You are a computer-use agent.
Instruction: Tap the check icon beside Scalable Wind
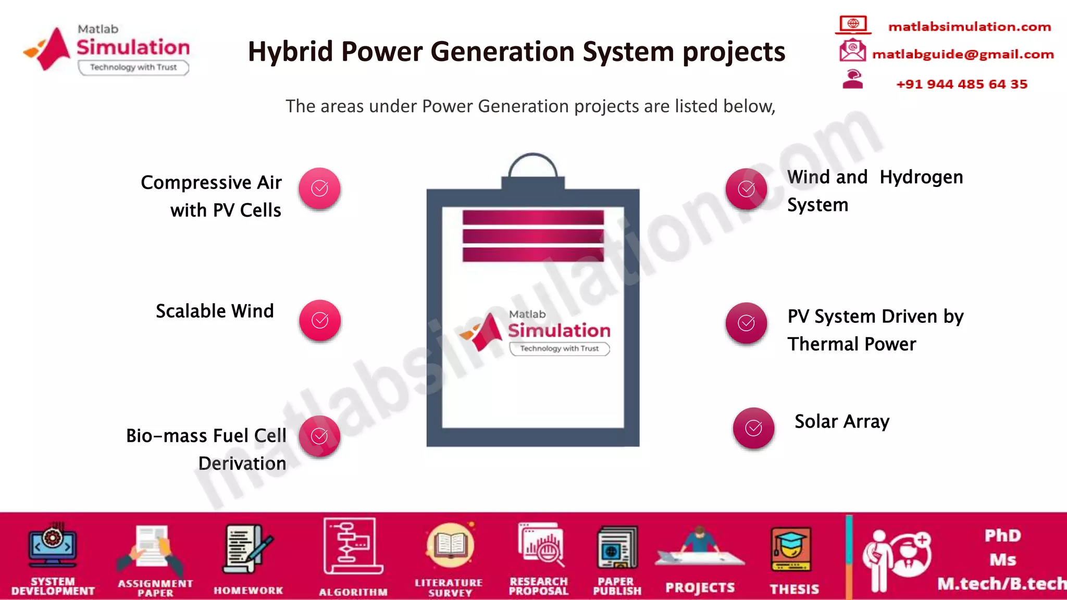[x=320, y=320]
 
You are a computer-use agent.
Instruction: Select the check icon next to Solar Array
[x=753, y=428]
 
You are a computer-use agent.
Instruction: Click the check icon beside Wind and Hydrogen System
[x=746, y=189]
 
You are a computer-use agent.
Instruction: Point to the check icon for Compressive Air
[x=319, y=189]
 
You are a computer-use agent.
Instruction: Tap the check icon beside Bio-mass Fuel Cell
[x=319, y=436]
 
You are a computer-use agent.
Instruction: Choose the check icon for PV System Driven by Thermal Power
[x=746, y=323]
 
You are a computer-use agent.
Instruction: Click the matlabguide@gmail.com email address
[x=963, y=54]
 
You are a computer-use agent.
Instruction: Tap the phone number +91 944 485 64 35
[x=961, y=84]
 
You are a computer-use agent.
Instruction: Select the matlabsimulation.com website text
[x=969, y=27]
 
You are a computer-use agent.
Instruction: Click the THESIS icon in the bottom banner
[x=791, y=550]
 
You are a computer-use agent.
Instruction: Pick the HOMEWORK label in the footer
[x=249, y=590]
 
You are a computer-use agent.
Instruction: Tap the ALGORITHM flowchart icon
[x=352, y=546]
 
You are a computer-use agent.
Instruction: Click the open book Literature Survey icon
[x=450, y=546]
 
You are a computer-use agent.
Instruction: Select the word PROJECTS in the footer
[x=700, y=587]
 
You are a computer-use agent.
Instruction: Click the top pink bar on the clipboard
[x=533, y=218]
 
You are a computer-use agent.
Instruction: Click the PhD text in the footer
[x=1002, y=535]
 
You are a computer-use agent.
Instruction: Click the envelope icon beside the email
[x=852, y=51]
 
